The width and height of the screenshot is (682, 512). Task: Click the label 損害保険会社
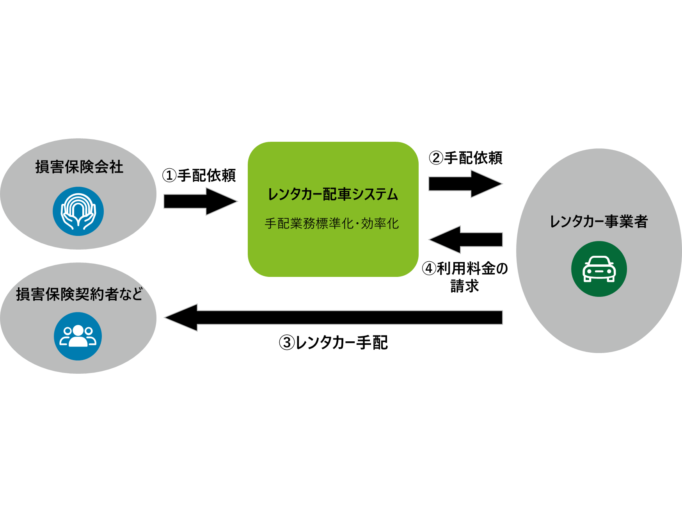79,167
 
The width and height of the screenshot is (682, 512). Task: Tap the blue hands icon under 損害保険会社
78,211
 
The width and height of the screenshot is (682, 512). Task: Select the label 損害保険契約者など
79,294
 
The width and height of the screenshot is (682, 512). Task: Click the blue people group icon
78,336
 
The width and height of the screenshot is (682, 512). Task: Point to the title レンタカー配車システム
333,194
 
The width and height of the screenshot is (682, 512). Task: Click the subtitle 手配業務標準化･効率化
332,223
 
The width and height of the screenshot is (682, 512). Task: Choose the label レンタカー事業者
599,222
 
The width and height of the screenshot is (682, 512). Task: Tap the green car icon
599,269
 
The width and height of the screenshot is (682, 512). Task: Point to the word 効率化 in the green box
380,223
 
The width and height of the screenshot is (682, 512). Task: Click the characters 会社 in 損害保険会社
109,167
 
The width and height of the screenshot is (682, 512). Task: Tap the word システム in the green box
375,194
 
